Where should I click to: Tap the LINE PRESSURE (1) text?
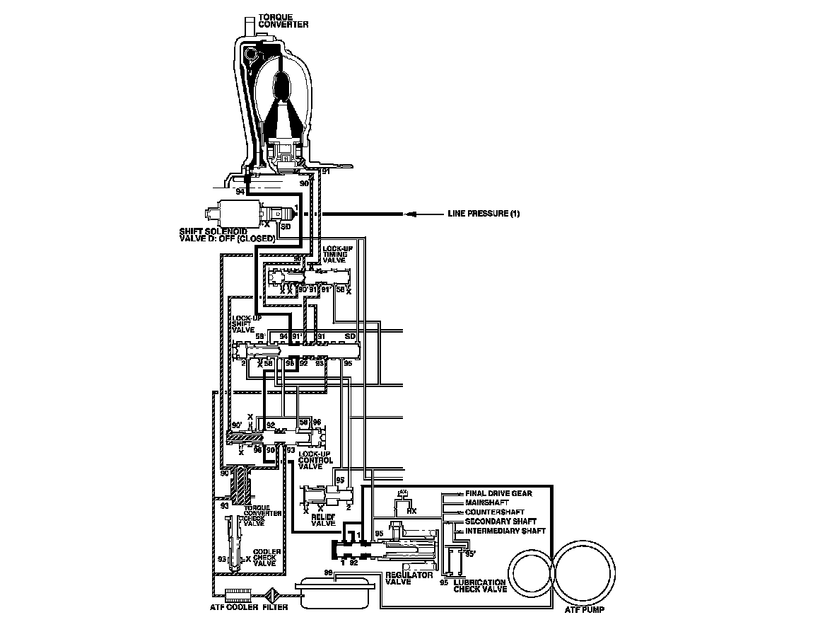pyautogui.click(x=484, y=214)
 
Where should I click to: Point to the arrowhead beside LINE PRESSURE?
pyautogui.click(x=408, y=214)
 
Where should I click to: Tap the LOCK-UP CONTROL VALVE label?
pyautogui.click(x=315, y=460)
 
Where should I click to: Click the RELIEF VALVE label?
pyautogui.click(x=323, y=520)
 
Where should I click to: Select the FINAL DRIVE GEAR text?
pyautogui.click(x=498, y=493)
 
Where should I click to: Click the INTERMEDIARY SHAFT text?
pyautogui.click(x=505, y=530)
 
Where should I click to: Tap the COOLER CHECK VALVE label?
pyautogui.click(x=267, y=557)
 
